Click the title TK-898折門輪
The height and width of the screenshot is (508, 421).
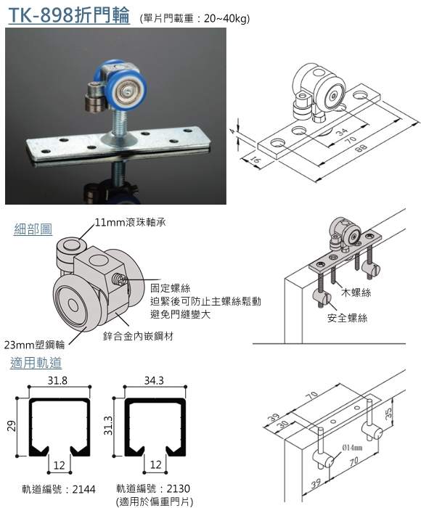(69, 15)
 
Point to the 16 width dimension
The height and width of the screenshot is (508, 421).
(256, 160)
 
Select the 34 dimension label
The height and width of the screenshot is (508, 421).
(341, 131)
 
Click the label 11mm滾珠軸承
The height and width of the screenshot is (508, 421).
(130, 223)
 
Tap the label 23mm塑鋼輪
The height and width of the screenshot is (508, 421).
(34, 345)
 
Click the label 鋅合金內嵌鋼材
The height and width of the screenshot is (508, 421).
(139, 336)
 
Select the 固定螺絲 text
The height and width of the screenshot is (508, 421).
(170, 288)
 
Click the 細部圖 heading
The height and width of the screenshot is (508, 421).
(33, 229)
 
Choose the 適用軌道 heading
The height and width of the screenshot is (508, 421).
(36, 363)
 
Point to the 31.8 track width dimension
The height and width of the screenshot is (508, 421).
(57, 380)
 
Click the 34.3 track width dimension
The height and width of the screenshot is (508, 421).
(154, 380)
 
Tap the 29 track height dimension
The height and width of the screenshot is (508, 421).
(12, 426)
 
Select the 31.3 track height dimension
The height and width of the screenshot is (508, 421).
(108, 426)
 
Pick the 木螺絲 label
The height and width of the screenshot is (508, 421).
(356, 292)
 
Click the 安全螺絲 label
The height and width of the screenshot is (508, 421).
(348, 318)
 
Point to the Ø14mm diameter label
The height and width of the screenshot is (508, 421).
(352, 448)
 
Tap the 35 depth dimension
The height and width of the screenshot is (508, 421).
(388, 412)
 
